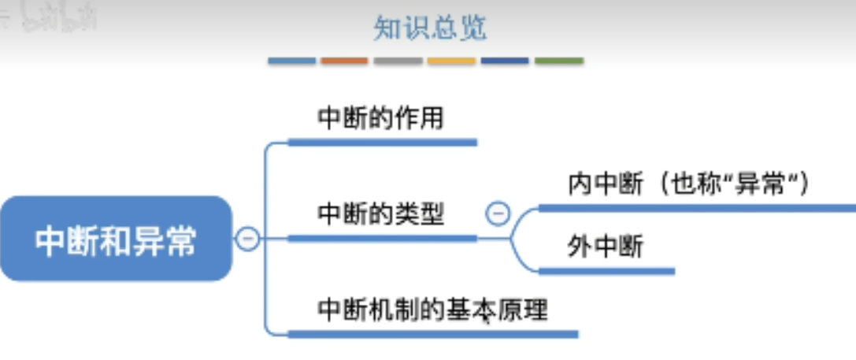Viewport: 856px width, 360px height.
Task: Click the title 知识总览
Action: pyautogui.click(x=430, y=28)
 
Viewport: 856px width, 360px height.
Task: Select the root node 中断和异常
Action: pyautogui.click(x=116, y=239)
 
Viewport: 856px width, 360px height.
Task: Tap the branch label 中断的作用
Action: pyautogui.click(x=381, y=118)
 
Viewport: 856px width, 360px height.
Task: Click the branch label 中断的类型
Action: pyautogui.click(x=381, y=213)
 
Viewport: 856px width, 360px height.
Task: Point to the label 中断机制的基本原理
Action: pyautogui.click(x=432, y=309)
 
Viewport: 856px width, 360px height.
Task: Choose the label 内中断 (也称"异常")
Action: pyautogui.click(x=688, y=184)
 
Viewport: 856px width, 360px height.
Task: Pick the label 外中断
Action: pyautogui.click(x=605, y=247)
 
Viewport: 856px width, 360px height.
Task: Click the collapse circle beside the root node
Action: pyautogui.click(x=248, y=238)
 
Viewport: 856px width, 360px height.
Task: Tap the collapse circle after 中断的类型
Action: pyautogui.click(x=498, y=213)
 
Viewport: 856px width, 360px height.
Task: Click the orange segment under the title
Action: pyautogui.click(x=344, y=61)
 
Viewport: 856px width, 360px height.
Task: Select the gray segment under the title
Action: pyautogui.click(x=398, y=61)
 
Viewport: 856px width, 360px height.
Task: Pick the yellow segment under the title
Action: pyautogui.click(x=451, y=61)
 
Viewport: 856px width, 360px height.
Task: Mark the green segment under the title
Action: pyautogui.click(x=559, y=61)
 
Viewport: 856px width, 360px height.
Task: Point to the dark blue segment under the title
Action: pyautogui.click(x=505, y=61)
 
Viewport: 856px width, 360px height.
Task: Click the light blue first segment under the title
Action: pyautogui.click(x=291, y=61)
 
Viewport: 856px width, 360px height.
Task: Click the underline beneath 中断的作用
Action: pyautogui.click(x=383, y=143)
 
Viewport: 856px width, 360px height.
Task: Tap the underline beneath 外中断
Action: pyautogui.click(x=606, y=271)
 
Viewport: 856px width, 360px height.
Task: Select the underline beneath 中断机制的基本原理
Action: pyautogui.click(x=433, y=334)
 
